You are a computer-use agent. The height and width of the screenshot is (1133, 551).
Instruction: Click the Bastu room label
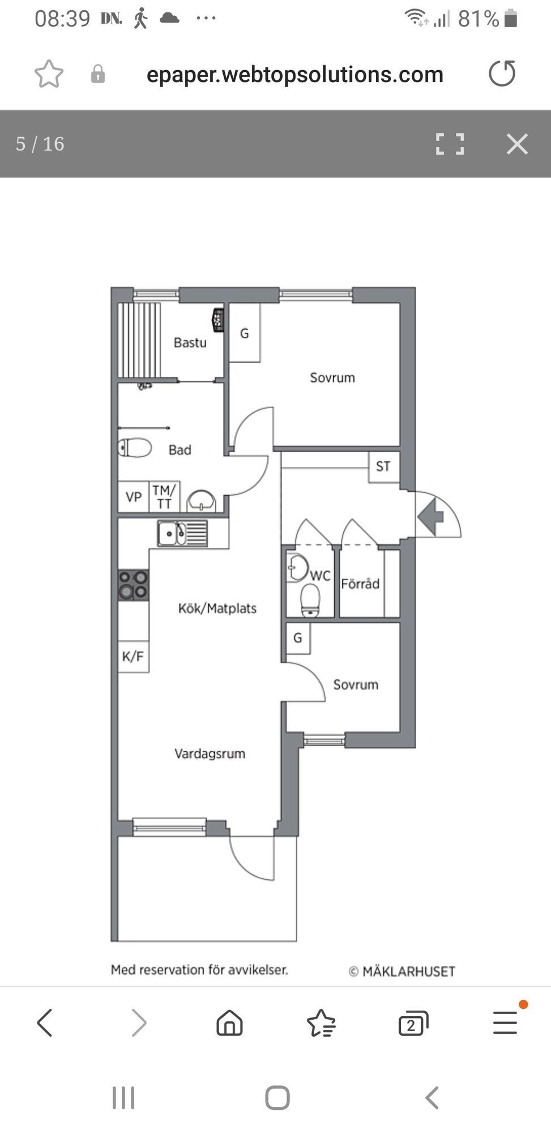[190, 342]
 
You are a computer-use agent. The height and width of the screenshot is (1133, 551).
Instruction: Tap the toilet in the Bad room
[135, 448]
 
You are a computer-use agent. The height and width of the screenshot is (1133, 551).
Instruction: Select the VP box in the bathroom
[133, 497]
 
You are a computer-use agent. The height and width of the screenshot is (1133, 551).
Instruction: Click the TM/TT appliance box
[164, 497]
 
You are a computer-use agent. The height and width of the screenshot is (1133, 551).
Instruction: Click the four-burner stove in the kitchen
[133, 585]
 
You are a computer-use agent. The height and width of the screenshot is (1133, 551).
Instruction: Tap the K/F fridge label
[133, 657]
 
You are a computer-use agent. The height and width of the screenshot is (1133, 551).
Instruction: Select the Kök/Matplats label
[217, 608]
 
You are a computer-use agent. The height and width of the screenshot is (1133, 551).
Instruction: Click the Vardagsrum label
[210, 753]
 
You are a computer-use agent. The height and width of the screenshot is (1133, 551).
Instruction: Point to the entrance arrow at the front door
[432, 516]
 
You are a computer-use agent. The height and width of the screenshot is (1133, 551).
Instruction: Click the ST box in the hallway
[383, 467]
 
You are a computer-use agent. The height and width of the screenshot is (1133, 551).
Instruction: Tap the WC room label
[320, 576]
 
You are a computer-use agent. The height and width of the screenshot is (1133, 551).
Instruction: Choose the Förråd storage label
[360, 583]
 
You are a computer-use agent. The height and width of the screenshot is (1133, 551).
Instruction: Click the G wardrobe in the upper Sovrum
[245, 333]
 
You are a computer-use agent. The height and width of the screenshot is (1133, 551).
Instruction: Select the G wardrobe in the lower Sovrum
[298, 638]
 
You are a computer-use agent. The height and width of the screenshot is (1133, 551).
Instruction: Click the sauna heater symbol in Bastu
[218, 320]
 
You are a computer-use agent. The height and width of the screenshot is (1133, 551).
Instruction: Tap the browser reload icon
[502, 74]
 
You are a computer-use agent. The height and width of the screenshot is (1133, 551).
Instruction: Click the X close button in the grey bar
[517, 144]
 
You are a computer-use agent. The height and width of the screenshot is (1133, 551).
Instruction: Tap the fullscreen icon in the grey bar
[450, 144]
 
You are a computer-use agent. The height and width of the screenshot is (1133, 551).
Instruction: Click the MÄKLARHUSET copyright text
[402, 972]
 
